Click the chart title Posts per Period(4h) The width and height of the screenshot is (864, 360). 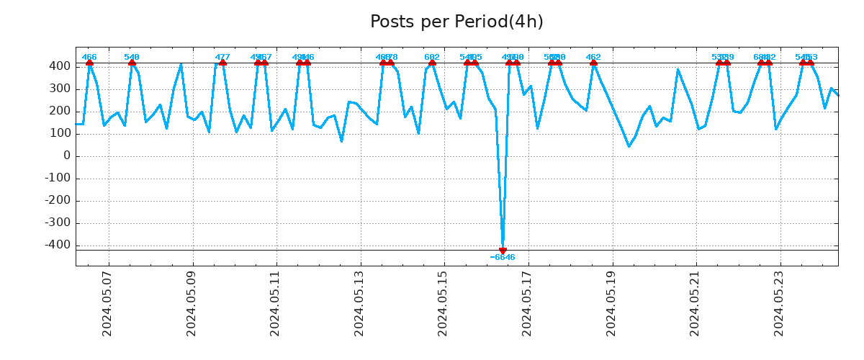click(456, 22)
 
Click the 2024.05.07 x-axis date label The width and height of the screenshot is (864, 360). click(107, 303)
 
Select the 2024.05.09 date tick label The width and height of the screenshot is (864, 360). click(192, 303)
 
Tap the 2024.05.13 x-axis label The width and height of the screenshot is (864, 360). click(359, 303)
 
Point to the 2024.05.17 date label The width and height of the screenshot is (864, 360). click(527, 303)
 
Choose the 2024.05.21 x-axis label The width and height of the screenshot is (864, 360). click(695, 303)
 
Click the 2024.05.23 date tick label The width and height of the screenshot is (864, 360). click(779, 303)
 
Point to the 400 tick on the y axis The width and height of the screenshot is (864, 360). click(60, 66)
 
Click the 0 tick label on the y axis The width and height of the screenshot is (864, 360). click(67, 156)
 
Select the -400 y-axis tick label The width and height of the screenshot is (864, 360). click(57, 245)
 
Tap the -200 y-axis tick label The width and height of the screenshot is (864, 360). click(57, 200)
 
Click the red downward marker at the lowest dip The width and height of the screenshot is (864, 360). click(503, 251)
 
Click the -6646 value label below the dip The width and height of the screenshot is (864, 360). click(503, 258)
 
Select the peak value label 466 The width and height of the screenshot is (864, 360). click(89, 58)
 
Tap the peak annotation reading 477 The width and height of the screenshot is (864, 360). click(222, 58)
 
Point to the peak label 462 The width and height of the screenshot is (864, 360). click(593, 58)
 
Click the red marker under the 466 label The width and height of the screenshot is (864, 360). click(89, 63)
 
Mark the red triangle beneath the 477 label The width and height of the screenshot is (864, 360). click(222, 63)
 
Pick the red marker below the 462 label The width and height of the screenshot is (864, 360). click(593, 63)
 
